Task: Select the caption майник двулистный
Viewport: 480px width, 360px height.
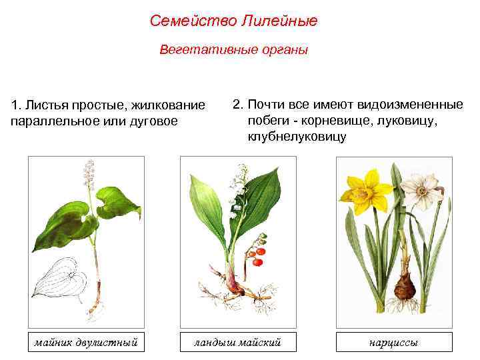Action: [86, 343]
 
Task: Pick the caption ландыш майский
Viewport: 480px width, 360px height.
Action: [237, 343]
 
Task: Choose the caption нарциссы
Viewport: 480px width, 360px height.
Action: [394, 343]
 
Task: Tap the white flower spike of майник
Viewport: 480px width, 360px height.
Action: [87, 175]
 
